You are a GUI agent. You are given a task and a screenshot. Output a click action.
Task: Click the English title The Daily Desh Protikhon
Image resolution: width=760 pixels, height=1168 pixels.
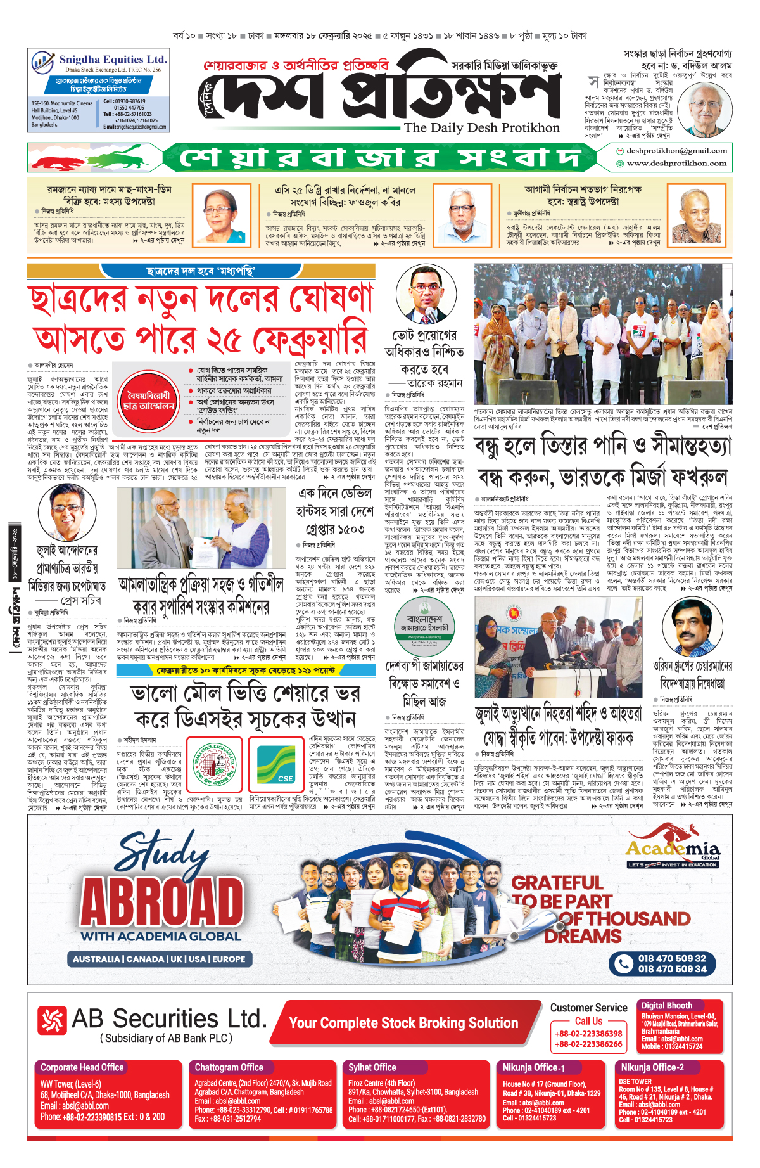(x=481, y=127)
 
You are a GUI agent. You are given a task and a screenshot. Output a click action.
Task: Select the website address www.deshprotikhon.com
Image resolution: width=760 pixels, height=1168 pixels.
(x=676, y=164)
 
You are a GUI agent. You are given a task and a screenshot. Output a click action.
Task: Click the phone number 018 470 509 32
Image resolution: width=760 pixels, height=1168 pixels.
(x=671, y=958)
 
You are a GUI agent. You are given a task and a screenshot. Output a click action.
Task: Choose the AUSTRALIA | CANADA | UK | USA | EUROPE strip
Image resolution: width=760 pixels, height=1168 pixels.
(x=159, y=959)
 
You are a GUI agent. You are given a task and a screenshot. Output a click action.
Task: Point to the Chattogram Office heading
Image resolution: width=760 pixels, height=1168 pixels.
(x=229, y=1067)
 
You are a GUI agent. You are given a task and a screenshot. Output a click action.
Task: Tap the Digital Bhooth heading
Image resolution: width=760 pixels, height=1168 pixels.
(x=666, y=1005)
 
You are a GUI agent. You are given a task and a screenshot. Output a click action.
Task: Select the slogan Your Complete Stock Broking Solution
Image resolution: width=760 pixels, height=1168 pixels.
(x=403, y=1023)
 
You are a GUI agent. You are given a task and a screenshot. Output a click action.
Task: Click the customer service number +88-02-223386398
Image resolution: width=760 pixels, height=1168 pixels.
(x=588, y=1034)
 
